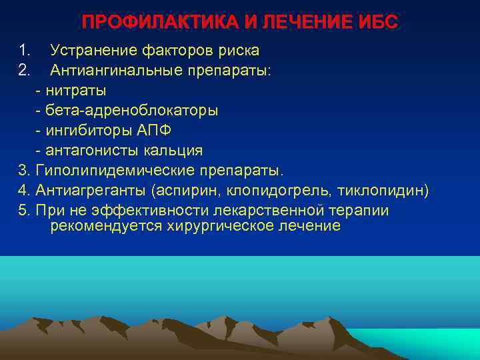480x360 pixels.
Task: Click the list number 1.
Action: pos(24,50)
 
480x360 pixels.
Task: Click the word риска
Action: pos(237,50)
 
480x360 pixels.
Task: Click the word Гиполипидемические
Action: pos(117,171)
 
